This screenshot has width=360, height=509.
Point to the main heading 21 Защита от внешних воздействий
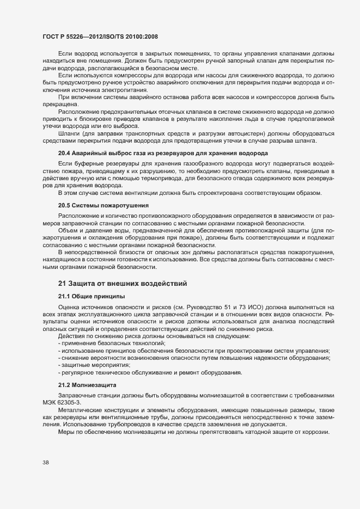(123, 283)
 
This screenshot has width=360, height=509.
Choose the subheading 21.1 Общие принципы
(91, 296)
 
